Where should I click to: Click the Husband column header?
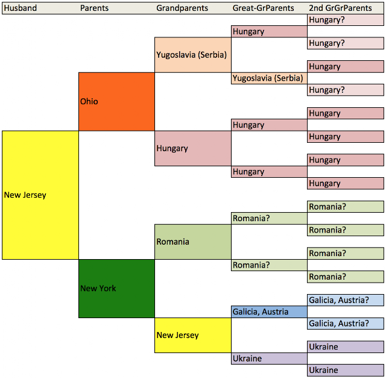[x=20, y=8]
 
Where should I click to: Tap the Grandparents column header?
[x=182, y=8]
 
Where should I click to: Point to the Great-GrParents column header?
[x=264, y=8]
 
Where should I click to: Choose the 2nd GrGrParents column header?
[x=340, y=8]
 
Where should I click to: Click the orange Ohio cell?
[x=116, y=101]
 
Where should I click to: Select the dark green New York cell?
[x=116, y=288]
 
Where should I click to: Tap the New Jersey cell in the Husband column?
[x=40, y=195]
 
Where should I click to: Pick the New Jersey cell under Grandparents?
[x=193, y=335]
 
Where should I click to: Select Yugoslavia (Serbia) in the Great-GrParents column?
[x=269, y=78]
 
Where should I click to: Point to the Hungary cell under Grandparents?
[x=193, y=148]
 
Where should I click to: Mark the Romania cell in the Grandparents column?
[x=193, y=242]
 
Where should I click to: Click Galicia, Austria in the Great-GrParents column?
[x=269, y=312]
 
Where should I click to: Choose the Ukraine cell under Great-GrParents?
[x=269, y=359]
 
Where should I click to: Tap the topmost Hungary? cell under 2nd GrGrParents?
[x=346, y=20]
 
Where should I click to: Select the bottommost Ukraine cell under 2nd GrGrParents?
[x=346, y=370]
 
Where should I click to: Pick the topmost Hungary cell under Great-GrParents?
[x=269, y=31]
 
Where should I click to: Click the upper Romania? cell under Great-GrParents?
[x=269, y=218]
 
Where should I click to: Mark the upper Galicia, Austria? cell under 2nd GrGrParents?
[x=346, y=300]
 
